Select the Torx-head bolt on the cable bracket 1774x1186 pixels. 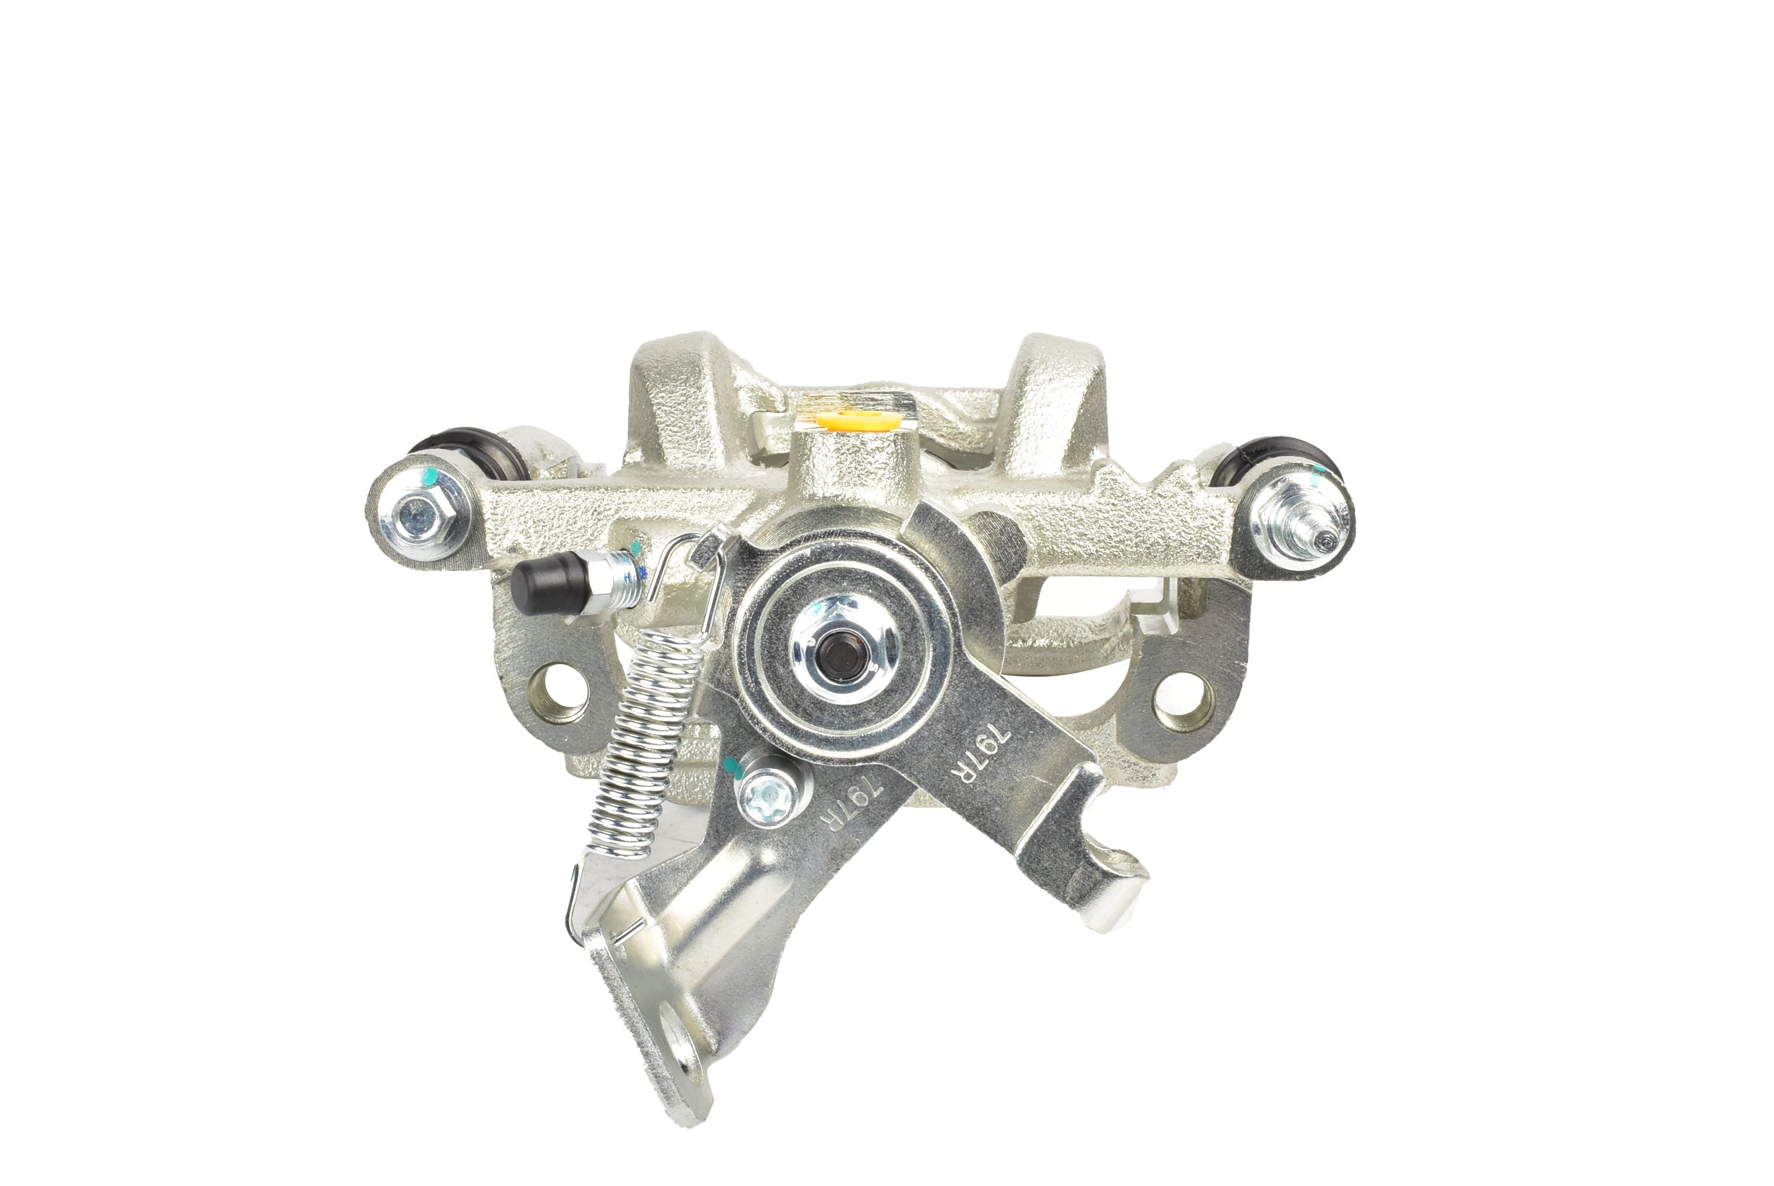coord(767,797)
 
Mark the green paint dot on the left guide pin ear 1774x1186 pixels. coord(429,477)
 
